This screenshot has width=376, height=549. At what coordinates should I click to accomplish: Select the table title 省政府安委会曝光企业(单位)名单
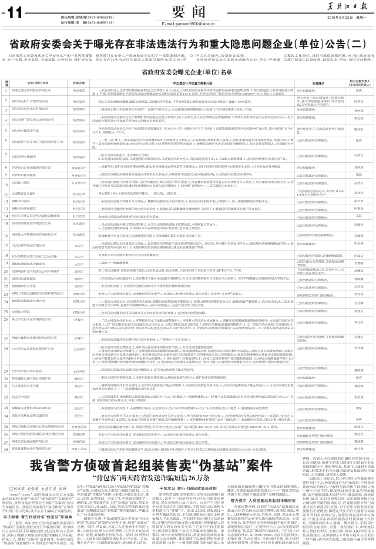(188, 71)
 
